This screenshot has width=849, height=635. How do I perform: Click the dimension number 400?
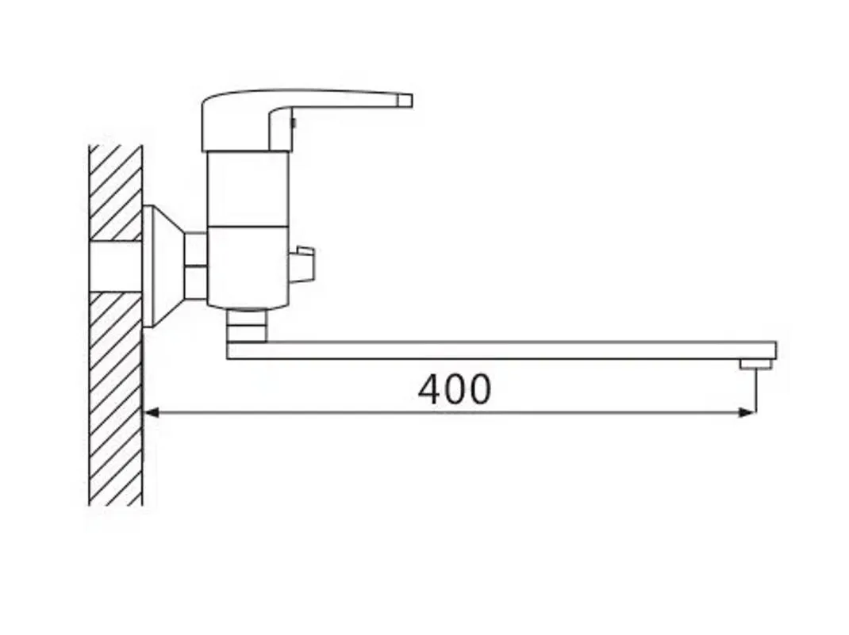(x=455, y=389)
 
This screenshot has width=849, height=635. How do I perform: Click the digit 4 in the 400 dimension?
(x=430, y=389)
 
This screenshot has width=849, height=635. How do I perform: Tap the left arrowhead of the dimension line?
(x=152, y=413)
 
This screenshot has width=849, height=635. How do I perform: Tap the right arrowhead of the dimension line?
(x=747, y=413)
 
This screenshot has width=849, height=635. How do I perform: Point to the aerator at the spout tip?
(x=756, y=365)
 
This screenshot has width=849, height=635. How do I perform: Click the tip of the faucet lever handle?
(x=405, y=101)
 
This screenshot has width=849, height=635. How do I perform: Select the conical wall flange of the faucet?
(x=163, y=266)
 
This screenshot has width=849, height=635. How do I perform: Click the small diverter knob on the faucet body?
(x=302, y=265)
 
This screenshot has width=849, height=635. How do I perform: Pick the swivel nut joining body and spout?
(x=247, y=325)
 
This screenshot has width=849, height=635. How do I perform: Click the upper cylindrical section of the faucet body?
(x=248, y=188)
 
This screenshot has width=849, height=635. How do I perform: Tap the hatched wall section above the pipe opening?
(x=116, y=193)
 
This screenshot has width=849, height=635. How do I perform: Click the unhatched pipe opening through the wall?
(x=116, y=266)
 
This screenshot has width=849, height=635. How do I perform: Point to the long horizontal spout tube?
(x=501, y=350)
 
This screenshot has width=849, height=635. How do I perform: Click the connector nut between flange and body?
(x=195, y=266)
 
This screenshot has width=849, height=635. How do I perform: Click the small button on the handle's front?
(x=294, y=123)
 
